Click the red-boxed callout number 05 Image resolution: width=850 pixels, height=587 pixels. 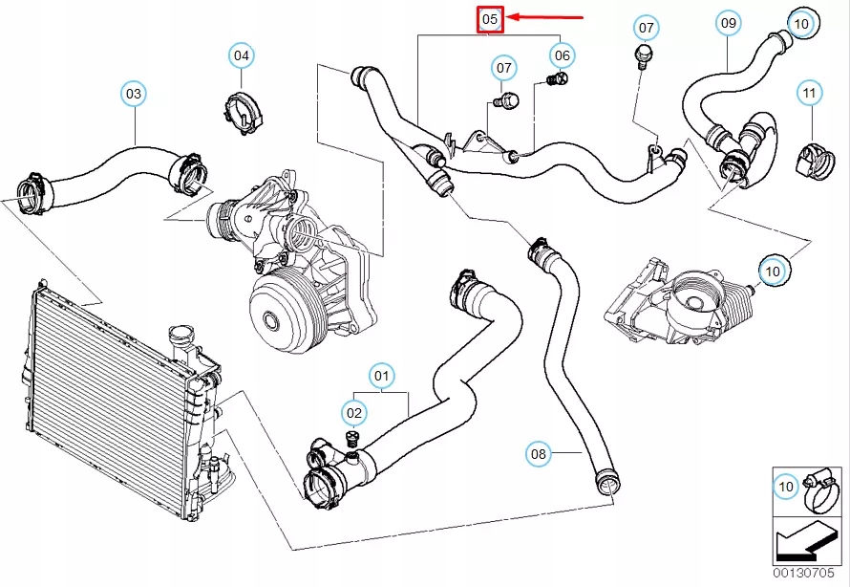490,18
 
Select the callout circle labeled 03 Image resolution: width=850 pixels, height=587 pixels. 134,94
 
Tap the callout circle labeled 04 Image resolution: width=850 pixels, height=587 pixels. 242,55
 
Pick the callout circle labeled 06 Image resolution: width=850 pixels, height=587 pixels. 562,55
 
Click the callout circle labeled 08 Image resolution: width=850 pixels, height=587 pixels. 539,453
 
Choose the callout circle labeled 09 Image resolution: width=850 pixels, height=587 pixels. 729,21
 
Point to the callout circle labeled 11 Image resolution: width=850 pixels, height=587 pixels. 810,94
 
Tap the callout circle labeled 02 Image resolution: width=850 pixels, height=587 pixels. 354,413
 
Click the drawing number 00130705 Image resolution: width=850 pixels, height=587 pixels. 810,575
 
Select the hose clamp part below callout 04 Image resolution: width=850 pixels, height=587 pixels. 244,112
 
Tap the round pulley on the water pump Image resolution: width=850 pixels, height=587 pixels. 280,317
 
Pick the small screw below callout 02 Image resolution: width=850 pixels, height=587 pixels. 351,441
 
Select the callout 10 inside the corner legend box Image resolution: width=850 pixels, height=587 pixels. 786,488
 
